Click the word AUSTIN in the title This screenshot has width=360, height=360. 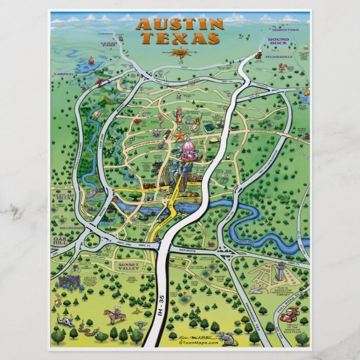point(179,25)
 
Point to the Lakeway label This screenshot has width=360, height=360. point(64,74)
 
